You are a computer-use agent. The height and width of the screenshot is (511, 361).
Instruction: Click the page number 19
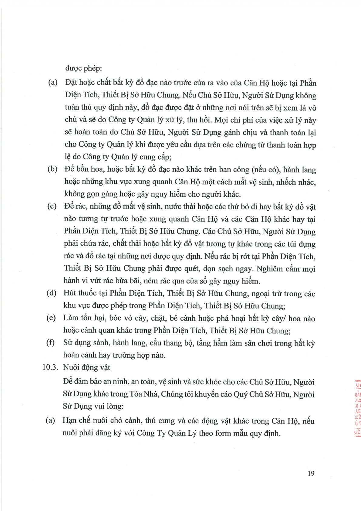click(x=311, y=473)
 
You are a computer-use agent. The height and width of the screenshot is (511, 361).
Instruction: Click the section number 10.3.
click(x=50, y=367)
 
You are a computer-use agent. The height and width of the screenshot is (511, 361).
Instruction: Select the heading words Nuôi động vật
click(x=86, y=367)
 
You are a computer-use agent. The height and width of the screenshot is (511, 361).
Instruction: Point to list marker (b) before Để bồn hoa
click(x=52, y=169)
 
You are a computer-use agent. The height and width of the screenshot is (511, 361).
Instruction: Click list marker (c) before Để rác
click(x=52, y=206)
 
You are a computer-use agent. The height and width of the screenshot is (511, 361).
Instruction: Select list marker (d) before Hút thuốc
click(x=52, y=293)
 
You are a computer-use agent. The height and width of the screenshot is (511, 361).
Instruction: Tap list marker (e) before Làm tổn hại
click(x=51, y=318)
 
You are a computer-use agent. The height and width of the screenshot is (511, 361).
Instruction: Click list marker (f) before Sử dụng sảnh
click(x=50, y=342)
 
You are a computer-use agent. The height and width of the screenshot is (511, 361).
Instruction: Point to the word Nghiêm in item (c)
click(x=270, y=269)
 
